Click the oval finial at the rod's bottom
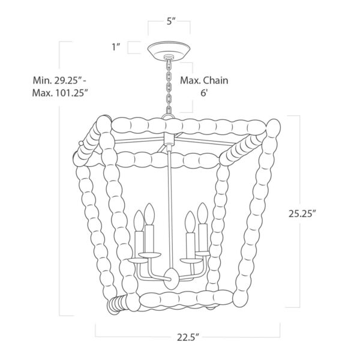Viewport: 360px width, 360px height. coord(171,279)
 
